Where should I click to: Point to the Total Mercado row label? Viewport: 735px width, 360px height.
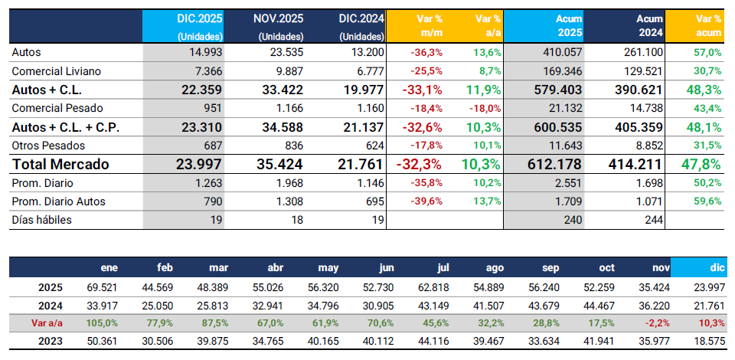pyautogui.click(x=60, y=164)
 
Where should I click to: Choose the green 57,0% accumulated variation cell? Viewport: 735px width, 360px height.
pyautogui.click(x=707, y=53)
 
